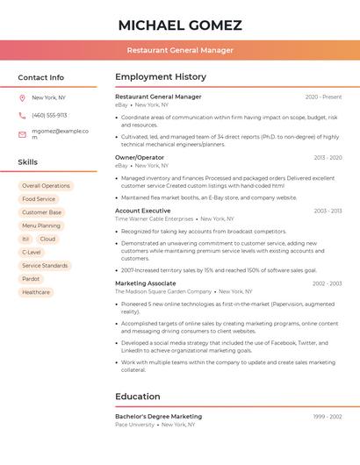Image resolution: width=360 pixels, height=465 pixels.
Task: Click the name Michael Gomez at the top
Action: pyautogui.click(x=180, y=25)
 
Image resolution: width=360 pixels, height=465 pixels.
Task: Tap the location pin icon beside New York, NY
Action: pyautogui.click(x=22, y=97)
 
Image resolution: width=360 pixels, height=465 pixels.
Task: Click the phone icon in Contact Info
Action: pyautogui.click(x=22, y=115)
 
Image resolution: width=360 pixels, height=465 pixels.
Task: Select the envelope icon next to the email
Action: pyautogui.click(x=22, y=134)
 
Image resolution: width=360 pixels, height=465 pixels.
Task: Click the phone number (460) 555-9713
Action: pyautogui.click(x=49, y=115)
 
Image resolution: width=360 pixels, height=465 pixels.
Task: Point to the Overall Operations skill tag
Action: pyautogui.click(x=46, y=186)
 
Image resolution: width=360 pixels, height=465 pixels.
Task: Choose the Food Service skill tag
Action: pyautogui.click(x=39, y=199)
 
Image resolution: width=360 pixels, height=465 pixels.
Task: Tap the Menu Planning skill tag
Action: pyautogui.click(x=41, y=225)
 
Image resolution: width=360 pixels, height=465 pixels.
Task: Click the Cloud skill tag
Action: pyautogui.click(x=47, y=239)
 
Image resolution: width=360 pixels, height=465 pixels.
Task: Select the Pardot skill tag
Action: pyautogui.click(x=32, y=278)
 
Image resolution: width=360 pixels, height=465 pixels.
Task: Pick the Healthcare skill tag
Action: pyautogui.click(x=36, y=292)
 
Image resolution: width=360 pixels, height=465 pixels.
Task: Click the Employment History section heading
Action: pyautogui.click(x=161, y=77)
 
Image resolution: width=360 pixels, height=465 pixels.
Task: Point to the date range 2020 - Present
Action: pyautogui.click(x=323, y=97)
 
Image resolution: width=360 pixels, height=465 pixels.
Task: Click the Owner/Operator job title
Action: pyautogui.click(x=140, y=157)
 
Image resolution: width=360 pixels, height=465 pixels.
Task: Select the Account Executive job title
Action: pyautogui.click(x=142, y=211)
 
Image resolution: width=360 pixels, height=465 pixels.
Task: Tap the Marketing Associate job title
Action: pyautogui.click(x=145, y=283)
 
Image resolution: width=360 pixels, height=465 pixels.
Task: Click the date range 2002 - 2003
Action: pyautogui.click(x=327, y=283)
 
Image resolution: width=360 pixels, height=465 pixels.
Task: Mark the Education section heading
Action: pyautogui.click(x=138, y=397)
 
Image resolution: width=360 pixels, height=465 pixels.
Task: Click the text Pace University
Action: pyautogui.click(x=133, y=424)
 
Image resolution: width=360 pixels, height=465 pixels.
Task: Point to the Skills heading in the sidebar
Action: pyautogui.click(x=28, y=162)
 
